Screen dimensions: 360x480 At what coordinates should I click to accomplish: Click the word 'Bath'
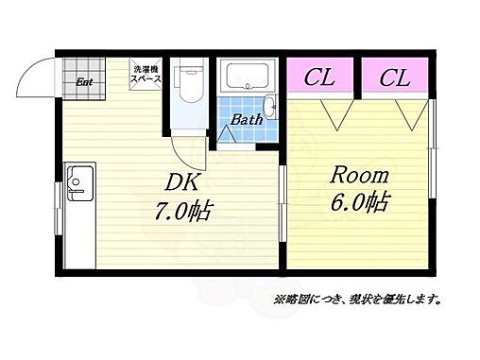coord(249,120)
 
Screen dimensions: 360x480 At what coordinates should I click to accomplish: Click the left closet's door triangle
coord(334,114)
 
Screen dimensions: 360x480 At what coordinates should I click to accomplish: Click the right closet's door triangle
coord(411,114)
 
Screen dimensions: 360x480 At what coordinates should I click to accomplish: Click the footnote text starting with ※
coord(358,300)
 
